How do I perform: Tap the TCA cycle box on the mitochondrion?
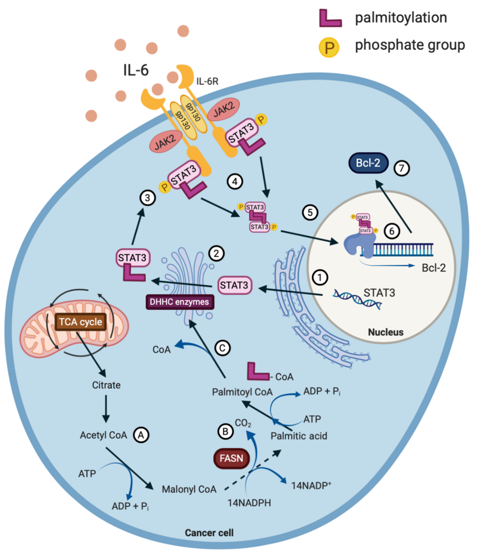(81, 322)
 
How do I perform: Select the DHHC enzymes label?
(180, 302)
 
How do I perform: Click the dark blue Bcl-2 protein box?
(368, 163)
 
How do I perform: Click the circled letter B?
(225, 432)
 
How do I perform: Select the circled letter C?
(222, 348)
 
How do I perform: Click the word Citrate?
(106, 385)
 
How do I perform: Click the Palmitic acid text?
(299, 436)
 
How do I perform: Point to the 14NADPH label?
(249, 503)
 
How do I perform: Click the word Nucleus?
(386, 332)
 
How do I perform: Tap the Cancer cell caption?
(209, 533)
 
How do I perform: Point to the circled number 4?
(235, 182)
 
